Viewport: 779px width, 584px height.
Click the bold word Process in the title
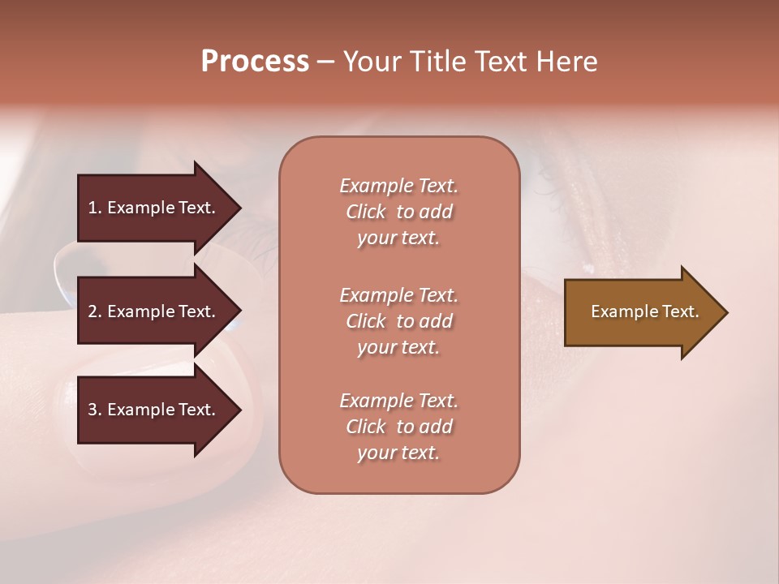(x=255, y=62)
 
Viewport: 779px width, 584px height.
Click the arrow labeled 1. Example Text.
(x=154, y=208)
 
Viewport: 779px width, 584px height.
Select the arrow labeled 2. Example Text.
(x=154, y=311)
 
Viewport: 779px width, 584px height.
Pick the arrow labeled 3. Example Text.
(x=154, y=410)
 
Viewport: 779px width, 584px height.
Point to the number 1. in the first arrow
(x=95, y=208)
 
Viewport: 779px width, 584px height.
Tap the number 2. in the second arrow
(x=95, y=311)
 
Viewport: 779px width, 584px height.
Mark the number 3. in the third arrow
(x=95, y=410)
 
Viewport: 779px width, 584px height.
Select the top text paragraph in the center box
(x=398, y=212)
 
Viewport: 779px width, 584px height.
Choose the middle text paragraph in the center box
(x=398, y=321)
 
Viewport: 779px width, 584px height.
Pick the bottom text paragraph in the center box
(x=398, y=427)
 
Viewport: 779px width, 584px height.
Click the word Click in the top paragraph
(x=366, y=212)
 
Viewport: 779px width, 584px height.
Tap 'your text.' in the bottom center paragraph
(x=398, y=453)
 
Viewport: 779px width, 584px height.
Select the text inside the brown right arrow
(x=644, y=311)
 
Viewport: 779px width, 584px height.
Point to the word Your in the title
(x=372, y=62)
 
